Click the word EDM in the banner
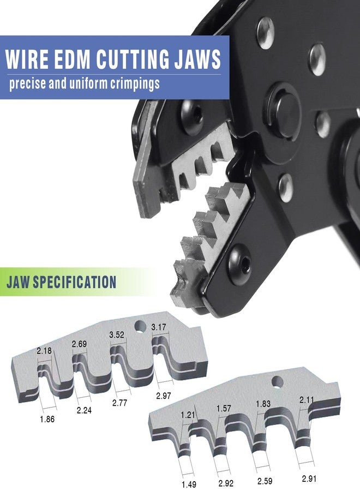[71, 58]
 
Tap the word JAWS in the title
[197, 58]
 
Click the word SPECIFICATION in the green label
[75, 282]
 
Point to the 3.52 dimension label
[116, 335]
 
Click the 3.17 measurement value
[158, 327]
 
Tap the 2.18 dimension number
[44, 351]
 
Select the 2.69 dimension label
[79, 344]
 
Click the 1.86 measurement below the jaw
[47, 419]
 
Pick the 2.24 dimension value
[84, 410]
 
